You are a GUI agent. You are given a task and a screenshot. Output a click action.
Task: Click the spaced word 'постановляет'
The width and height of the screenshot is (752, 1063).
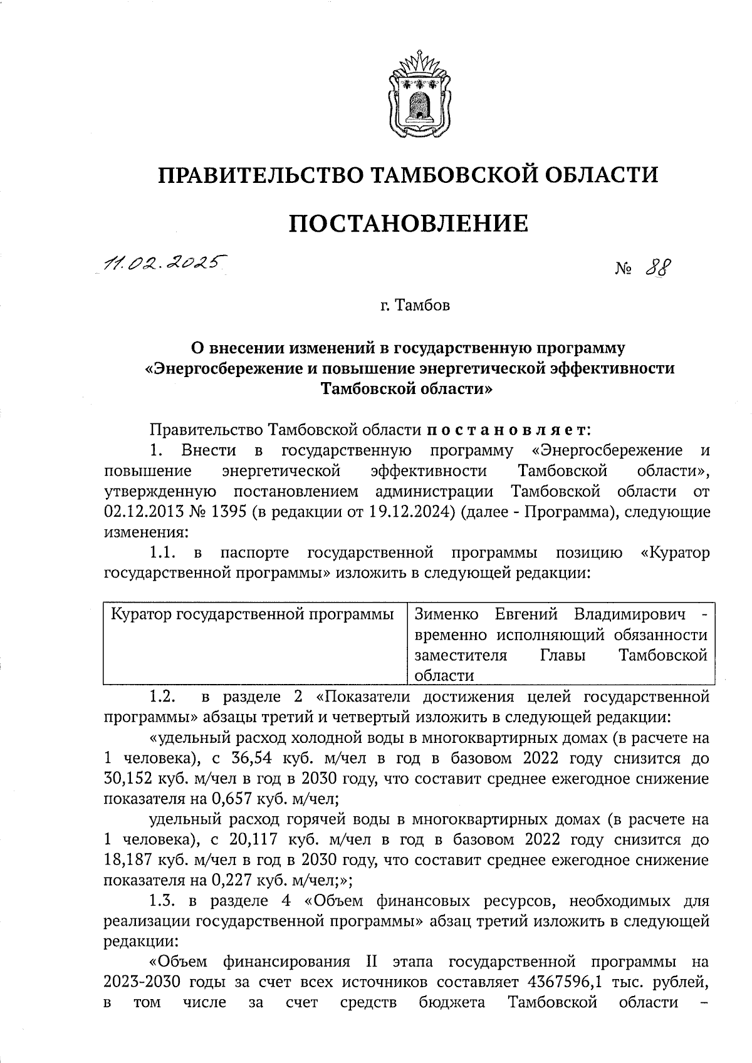(508, 430)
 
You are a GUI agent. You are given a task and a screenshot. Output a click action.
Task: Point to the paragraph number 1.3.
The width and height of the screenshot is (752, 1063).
(164, 901)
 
